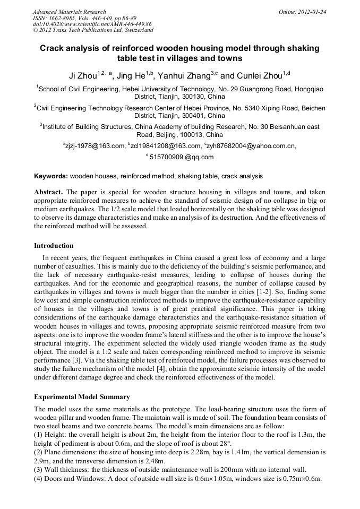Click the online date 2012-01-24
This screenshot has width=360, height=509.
pos(310,12)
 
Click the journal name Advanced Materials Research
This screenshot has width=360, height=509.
pos(69,12)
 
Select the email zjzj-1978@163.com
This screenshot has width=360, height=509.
pos(94,145)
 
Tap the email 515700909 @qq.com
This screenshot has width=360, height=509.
pos(181,157)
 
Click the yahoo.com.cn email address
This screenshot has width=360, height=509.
pos(248,145)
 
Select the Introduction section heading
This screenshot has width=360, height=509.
pos(54,246)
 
